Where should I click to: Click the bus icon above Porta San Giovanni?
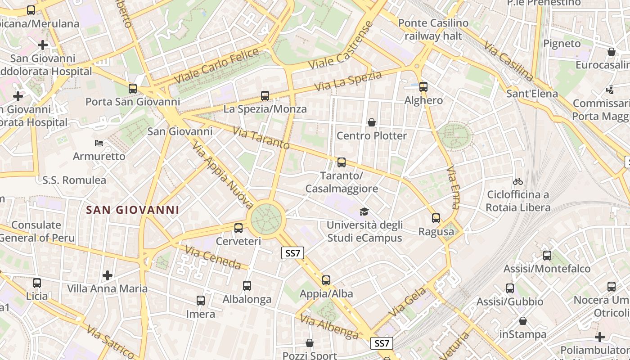133,89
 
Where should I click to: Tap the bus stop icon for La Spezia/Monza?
265,96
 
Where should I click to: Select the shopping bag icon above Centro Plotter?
372,122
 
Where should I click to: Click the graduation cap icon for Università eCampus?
364,211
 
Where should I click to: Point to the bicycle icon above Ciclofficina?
518,181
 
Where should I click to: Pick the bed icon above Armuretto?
99,143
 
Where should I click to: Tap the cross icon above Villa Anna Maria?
107,275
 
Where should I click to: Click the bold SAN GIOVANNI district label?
133,210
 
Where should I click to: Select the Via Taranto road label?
261,137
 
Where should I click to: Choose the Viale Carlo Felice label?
217,65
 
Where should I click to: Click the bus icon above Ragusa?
436,219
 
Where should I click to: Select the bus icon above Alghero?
423,87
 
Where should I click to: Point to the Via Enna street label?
453,188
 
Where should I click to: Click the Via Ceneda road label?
213,257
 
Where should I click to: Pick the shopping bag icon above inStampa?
523,321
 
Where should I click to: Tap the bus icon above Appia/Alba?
326,280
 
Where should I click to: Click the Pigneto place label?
562,44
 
